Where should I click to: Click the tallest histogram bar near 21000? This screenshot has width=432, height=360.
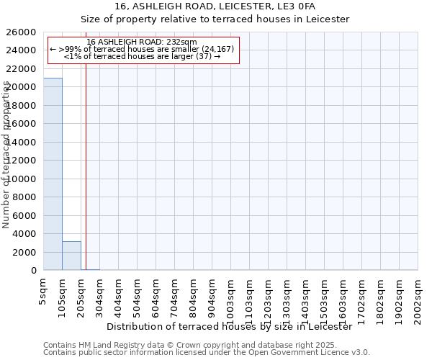[53, 174]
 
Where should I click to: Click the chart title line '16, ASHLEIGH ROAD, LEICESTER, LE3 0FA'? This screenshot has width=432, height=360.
[215, 6]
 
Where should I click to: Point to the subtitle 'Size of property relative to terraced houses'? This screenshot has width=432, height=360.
[215, 19]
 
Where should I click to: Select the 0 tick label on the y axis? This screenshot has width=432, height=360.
[34, 271]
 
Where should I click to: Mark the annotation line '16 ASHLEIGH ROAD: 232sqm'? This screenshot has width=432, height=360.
[141, 42]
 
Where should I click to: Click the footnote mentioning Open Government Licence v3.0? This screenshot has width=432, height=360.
[207, 353]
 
